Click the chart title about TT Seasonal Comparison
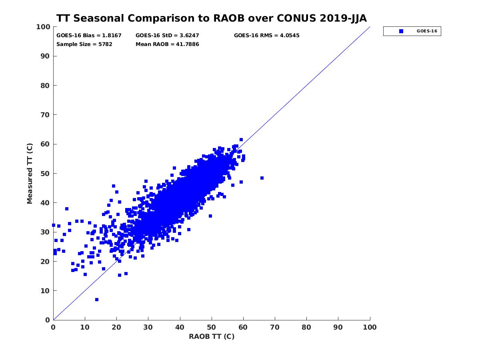point(211,18)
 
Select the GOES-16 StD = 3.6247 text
point(168,35)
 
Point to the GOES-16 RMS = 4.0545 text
point(266,35)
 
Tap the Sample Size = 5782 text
point(84,44)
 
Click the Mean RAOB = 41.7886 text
point(167,44)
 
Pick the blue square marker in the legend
point(401,31)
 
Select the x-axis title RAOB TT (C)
point(212,336)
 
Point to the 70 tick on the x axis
point(275,327)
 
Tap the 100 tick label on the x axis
point(370,327)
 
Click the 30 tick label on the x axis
point(148,327)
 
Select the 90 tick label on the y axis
point(44,56)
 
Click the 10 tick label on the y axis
point(44,291)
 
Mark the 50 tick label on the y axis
point(44,173)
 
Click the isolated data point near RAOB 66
point(262,178)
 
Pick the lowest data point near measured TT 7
point(97,300)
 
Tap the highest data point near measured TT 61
point(241,140)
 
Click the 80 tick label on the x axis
point(306,327)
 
